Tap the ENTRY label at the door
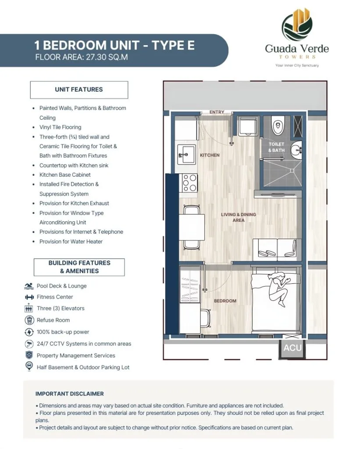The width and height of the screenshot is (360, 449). [x=217, y=112]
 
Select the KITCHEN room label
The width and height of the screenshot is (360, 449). [x=210, y=155]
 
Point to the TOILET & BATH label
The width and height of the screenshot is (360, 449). [x=276, y=147]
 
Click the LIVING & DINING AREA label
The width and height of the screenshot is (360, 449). [x=238, y=217]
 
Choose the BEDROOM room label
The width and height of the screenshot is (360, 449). [x=225, y=301]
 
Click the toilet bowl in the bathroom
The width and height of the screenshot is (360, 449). [x=278, y=126]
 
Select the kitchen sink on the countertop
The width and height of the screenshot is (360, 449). [x=186, y=154]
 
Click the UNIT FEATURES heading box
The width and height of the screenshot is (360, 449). [x=79, y=89]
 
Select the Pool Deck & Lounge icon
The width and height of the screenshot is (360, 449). [x=29, y=286]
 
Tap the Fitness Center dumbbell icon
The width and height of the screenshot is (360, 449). [x=29, y=297]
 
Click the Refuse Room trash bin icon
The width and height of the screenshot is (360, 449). [x=29, y=320]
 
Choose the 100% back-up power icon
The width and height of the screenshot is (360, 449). [x=29, y=332]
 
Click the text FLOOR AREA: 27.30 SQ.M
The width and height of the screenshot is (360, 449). [x=82, y=57]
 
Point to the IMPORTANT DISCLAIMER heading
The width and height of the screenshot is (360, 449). [x=70, y=394]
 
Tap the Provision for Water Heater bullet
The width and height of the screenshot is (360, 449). [x=71, y=242]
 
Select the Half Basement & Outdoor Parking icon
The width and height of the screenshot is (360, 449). [x=29, y=367]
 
